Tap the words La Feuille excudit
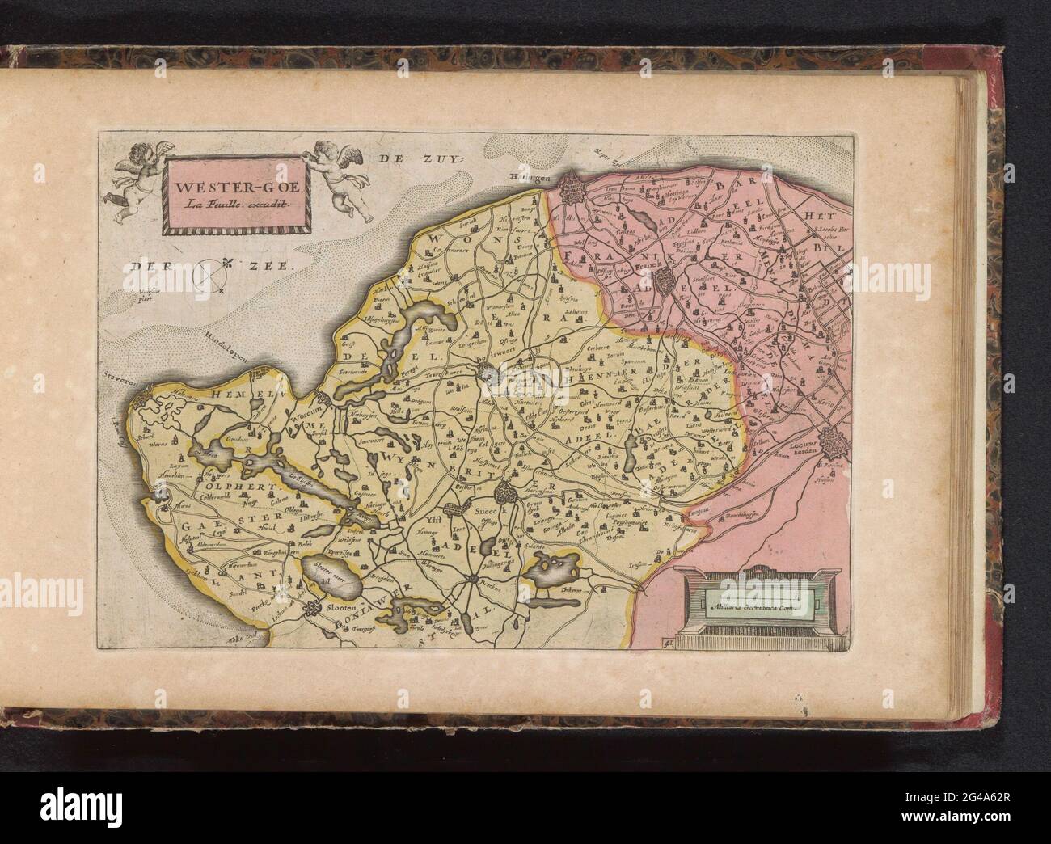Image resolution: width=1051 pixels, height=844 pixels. [229, 205]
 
